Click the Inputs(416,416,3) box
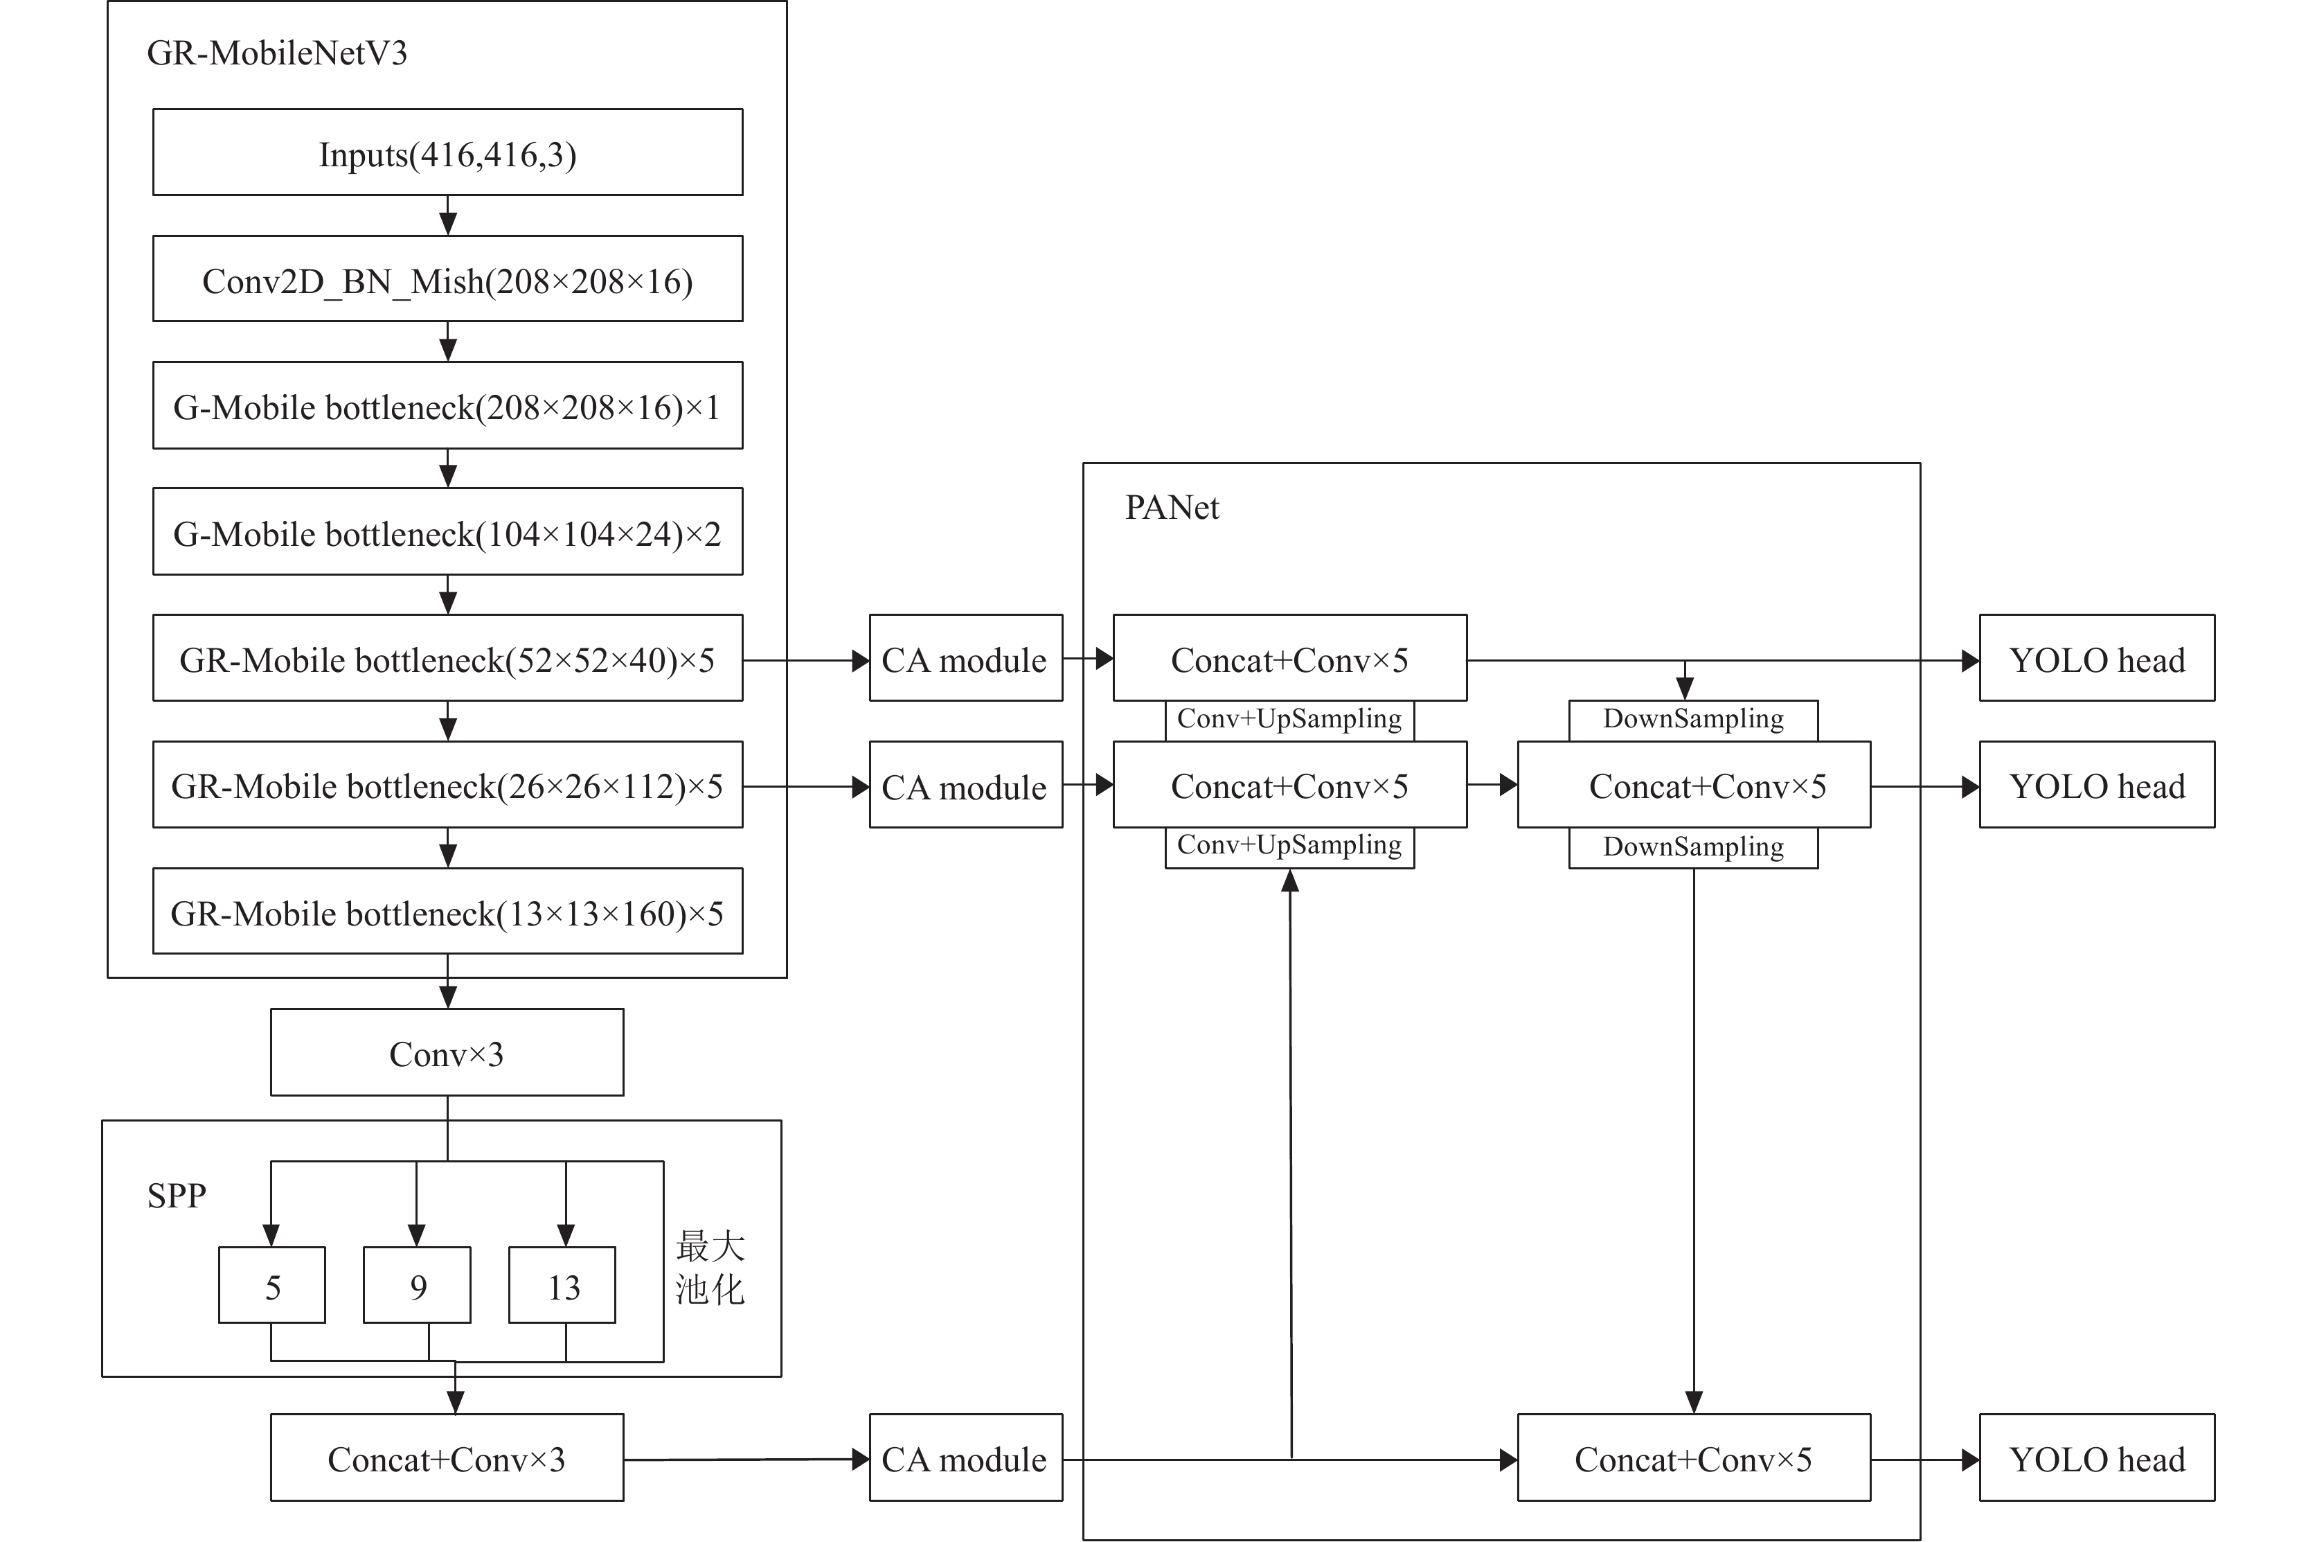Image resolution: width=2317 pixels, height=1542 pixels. [x=447, y=152]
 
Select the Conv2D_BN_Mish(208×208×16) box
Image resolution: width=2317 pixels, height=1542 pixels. [x=447, y=278]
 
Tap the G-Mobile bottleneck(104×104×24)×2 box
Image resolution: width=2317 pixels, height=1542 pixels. [x=447, y=531]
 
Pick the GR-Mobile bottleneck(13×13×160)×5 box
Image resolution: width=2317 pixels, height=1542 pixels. [x=447, y=911]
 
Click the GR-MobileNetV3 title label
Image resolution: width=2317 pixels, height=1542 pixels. [x=276, y=53]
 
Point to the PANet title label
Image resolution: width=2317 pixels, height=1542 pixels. [x=1172, y=508]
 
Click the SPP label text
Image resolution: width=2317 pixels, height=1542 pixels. [x=177, y=1196]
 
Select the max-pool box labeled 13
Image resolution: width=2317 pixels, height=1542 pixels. [x=562, y=1285]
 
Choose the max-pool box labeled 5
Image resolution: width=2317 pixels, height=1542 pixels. [x=272, y=1285]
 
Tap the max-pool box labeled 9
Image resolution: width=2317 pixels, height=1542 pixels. [x=417, y=1285]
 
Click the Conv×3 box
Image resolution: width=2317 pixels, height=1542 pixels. [x=447, y=1052]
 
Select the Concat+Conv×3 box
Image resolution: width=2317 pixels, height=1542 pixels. [x=447, y=1457]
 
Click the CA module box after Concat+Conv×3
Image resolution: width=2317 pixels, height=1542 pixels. [x=966, y=1457]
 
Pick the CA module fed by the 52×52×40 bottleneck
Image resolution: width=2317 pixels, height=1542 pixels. [x=966, y=658]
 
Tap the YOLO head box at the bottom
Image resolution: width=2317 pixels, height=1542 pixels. [x=2097, y=1457]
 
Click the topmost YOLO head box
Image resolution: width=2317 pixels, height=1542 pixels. [x=2097, y=658]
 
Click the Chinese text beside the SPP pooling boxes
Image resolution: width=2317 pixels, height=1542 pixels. [x=710, y=1268]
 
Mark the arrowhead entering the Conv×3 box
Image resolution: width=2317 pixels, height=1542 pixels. [x=448, y=998]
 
